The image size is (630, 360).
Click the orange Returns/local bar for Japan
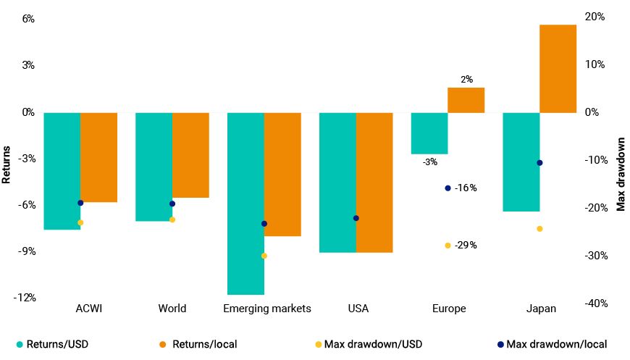pos(558,69)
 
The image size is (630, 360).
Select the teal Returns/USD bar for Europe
pos(429,133)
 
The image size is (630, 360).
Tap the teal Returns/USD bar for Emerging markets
pos(245,204)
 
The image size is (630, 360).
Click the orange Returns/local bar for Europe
pos(466,100)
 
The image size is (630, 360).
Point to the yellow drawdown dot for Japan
pos(539,229)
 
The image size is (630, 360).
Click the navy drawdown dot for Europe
pos(448,188)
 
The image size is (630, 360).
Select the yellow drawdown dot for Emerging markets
pos(264,256)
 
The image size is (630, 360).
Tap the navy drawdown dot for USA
pos(356,218)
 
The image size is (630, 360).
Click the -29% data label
pos(466,246)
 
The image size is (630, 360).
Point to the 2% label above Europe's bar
pos(466,80)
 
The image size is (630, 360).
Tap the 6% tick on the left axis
pos(28,19)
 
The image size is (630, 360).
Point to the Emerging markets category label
pos(267,309)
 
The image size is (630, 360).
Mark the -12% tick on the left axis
pos(26,298)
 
